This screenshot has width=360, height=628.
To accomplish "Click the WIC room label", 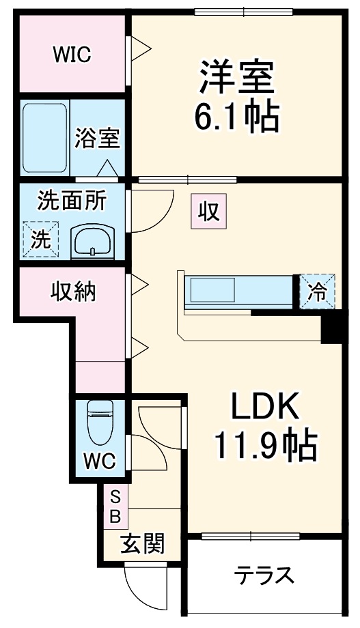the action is click(72, 55).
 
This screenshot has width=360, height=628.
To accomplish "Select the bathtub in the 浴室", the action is click(44, 138).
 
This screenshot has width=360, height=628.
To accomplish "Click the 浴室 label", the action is click(98, 138).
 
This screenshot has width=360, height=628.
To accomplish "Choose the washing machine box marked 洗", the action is click(40, 240).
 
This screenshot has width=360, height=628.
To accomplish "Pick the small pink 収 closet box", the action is click(208, 212).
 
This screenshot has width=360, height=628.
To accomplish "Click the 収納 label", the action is click(73, 291).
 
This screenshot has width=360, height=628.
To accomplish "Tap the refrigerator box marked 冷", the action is click(318, 292).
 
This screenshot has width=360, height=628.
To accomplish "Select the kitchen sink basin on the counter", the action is click(212, 290).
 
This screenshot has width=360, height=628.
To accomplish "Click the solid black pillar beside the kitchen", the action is click(331, 326).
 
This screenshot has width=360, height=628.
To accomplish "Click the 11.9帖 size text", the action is click(266, 445).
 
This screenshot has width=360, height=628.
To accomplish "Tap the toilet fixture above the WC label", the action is click(100, 422).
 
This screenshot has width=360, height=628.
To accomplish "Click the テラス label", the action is click(264, 575).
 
